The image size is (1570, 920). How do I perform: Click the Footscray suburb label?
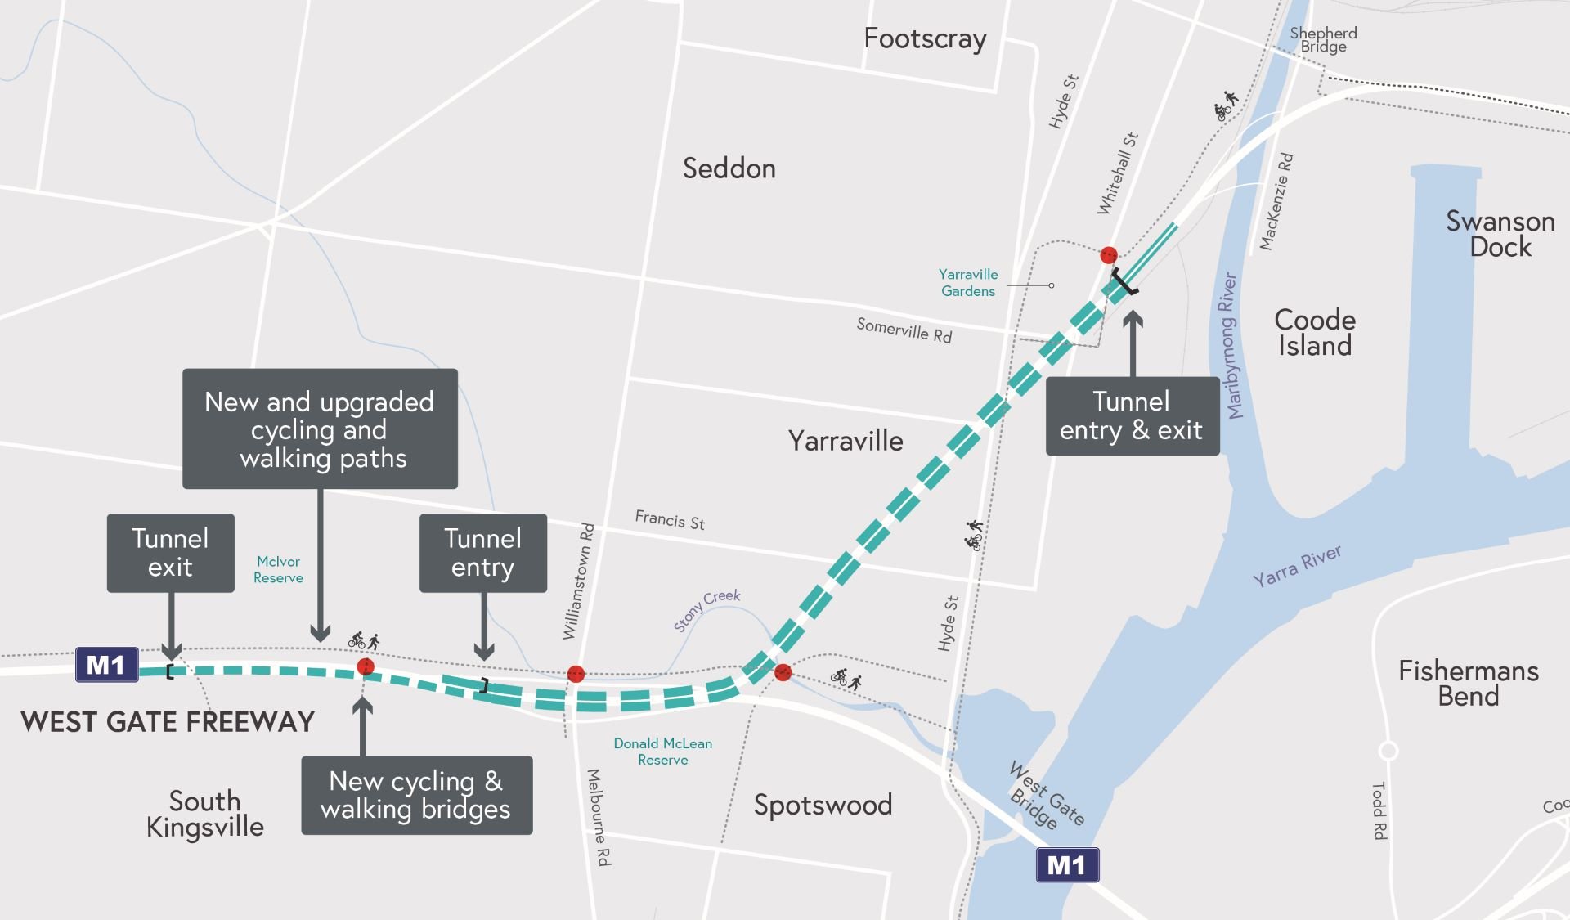925,39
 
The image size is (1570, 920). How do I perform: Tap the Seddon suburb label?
729,168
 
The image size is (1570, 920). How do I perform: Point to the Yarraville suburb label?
846,442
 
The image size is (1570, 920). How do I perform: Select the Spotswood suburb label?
823,805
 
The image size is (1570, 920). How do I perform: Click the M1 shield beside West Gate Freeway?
106,665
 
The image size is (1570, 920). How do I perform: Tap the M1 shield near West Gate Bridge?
1067,864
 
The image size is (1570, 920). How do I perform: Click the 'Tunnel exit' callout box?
170,553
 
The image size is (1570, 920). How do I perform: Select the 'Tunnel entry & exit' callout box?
1132,415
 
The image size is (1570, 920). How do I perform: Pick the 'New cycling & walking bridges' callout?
416,795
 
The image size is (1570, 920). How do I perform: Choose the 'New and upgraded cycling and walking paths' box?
320,429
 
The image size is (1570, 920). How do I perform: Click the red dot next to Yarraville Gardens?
1109,255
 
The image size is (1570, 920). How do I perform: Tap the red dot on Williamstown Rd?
576,674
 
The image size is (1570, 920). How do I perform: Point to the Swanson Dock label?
1500,234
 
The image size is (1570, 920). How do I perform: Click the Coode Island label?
1315,333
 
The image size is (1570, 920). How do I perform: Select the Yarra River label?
1297,566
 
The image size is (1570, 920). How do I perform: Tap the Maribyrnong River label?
1230,345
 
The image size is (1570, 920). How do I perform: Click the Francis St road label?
670,520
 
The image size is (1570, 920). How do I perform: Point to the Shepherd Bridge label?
1323,39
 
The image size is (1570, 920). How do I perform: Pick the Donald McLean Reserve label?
663,752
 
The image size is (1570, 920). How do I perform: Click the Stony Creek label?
706,610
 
